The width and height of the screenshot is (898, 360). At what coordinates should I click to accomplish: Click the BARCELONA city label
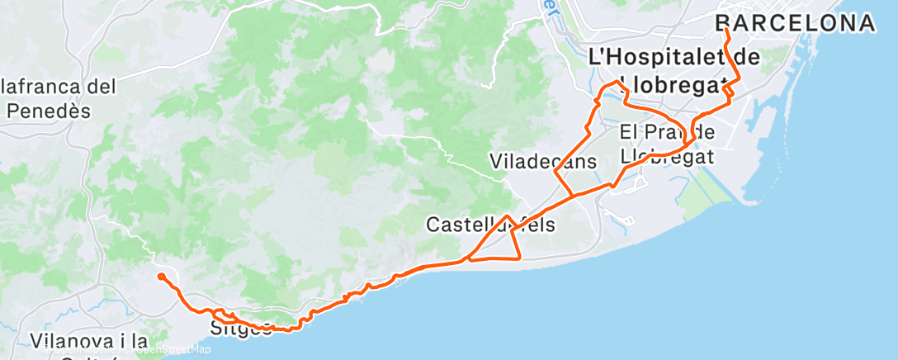(794, 23)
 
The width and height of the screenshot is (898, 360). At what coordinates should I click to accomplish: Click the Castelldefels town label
(490, 224)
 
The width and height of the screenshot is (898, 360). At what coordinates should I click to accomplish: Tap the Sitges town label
(240, 329)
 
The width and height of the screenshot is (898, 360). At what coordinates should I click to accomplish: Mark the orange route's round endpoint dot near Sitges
(162, 277)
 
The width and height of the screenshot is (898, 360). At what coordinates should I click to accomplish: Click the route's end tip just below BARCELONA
(725, 31)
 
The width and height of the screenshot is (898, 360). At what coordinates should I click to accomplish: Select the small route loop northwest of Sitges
(223, 315)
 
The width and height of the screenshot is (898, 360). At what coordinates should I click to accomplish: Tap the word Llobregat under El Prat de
(667, 155)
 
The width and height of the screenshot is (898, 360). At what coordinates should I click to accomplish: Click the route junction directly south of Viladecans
(573, 196)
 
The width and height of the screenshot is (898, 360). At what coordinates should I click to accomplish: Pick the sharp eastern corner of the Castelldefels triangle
(520, 258)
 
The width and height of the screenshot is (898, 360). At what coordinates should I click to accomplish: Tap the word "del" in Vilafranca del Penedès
(100, 85)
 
